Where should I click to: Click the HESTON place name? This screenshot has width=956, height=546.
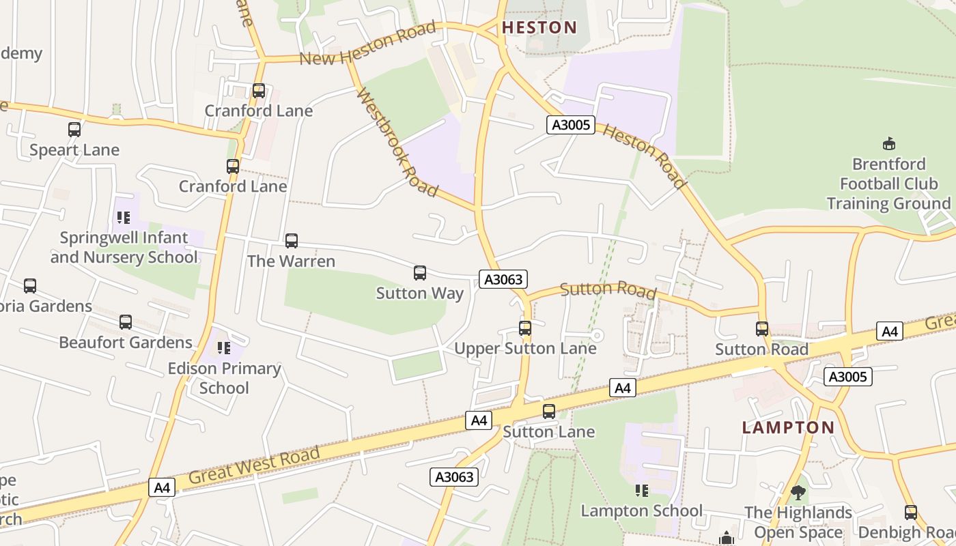[539, 27]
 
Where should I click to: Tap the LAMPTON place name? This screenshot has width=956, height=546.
[788, 428]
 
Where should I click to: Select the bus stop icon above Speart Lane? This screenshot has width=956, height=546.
[74, 129]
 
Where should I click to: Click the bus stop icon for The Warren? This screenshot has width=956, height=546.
[292, 240]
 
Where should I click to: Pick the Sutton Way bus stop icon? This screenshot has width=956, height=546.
[420, 273]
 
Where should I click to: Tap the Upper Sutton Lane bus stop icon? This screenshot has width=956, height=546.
[525, 328]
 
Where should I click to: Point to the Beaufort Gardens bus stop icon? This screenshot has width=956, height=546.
[126, 321]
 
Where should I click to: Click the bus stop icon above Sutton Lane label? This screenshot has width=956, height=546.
[549, 411]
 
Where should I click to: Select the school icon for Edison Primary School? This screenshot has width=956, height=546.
[224, 348]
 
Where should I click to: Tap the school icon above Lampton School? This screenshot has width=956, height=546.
[641, 490]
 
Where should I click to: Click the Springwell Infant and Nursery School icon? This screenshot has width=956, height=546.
[124, 217]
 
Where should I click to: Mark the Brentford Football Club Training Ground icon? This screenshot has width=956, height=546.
[888, 143]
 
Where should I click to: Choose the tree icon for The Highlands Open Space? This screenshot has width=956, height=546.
[798, 492]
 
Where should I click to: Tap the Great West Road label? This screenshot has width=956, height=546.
[254, 465]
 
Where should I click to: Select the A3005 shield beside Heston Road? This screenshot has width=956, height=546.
[571, 125]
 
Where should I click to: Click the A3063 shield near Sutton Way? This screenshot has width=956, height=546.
[503, 279]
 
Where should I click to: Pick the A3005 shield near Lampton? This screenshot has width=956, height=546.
[847, 377]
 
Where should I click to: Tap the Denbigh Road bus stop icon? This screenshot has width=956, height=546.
[910, 512]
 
